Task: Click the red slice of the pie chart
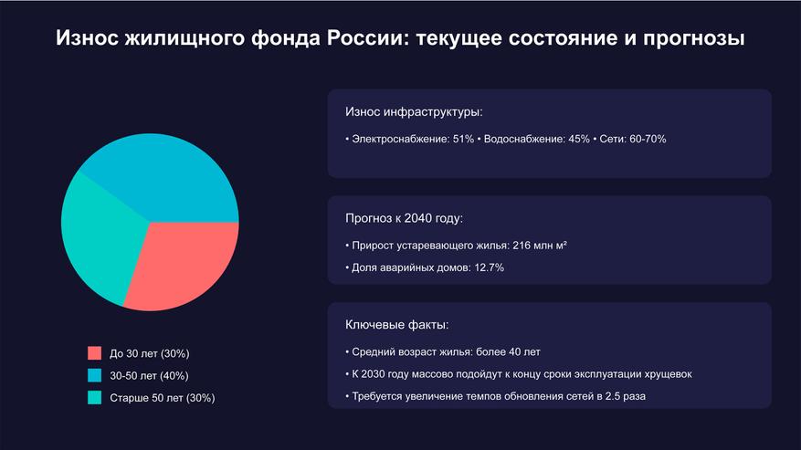coord(186,264)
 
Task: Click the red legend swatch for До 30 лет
coord(95,353)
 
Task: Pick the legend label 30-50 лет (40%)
coord(150,375)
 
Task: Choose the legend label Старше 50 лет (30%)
coord(163,397)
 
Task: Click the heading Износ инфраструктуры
coord(414,112)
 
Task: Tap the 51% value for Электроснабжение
coord(462,139)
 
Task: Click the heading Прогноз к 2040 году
coord(404,219)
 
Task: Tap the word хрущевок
coord(664,374)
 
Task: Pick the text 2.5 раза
coord(631,396)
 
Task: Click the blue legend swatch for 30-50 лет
coord(95,375)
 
